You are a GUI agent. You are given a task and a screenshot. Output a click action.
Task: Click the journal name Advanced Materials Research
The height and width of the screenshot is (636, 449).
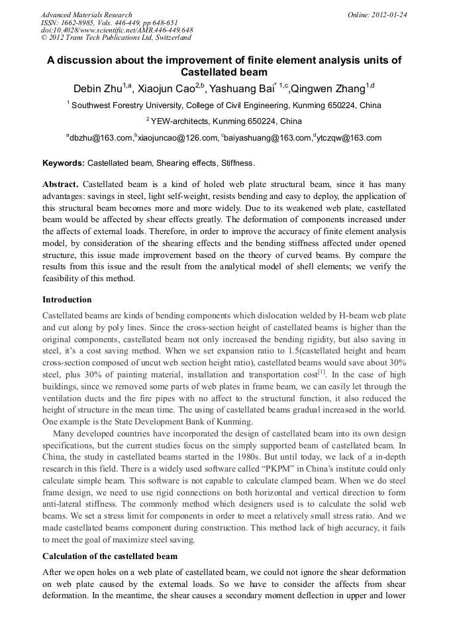pyautogui.click(x=86, y=15)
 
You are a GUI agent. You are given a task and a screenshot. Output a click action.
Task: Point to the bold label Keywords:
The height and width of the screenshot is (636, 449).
pyautogui.click(x=64, y=162)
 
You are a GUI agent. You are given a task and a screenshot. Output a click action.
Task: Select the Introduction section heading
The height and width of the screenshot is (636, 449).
pyautogui.click(x=67, y=300)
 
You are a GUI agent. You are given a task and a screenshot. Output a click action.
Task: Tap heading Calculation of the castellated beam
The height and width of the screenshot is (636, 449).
pyautogui.click(x=110, y=556)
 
